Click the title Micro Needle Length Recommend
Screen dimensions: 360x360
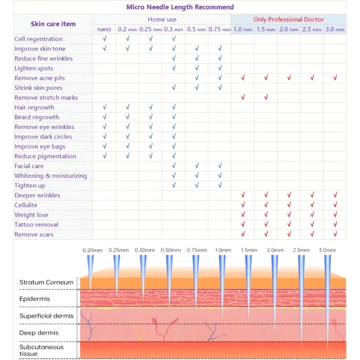180,7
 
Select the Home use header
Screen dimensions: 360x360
162,20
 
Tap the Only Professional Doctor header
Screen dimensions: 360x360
289,20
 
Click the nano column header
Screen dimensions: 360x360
104,29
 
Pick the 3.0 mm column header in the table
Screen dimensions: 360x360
335,29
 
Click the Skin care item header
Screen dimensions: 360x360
53,24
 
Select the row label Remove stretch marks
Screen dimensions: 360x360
46,98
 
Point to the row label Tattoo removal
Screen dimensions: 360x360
36,225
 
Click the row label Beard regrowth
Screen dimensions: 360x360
37,117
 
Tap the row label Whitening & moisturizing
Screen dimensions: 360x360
50,176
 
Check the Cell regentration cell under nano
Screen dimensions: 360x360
104,39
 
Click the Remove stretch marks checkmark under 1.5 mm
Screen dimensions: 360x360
266,98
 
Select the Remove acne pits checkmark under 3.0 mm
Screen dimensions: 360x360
335,78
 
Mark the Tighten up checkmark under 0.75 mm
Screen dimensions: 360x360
220,186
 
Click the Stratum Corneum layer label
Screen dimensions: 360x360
46,282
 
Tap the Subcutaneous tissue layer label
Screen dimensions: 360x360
41,350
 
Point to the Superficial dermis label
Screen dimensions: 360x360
46,316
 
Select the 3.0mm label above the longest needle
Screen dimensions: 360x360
327,250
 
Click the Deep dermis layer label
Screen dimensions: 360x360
39,333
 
